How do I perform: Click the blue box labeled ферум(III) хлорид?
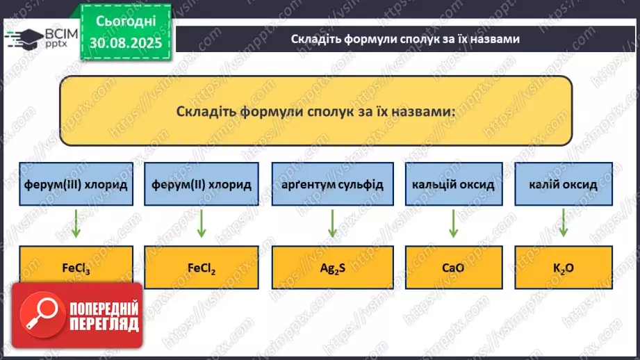[75, 184]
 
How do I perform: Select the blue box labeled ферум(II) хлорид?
[201, 184]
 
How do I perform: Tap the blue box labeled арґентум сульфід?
[327, 184]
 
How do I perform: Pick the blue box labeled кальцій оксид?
[452, 184]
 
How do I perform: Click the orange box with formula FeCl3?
[75, 267]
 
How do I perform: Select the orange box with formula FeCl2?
[201, 267]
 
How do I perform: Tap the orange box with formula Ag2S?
[327, 267]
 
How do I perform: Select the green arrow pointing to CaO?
[452, 224]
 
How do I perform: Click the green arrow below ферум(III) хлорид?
[75, 224]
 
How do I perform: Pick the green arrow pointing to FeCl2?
[201, 224]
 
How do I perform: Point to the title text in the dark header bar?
[405, 39]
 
